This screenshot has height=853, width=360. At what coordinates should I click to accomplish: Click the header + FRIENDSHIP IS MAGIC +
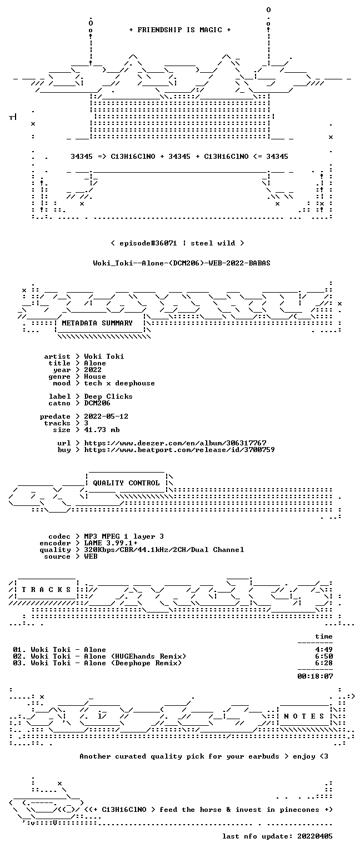[x=180, y=29]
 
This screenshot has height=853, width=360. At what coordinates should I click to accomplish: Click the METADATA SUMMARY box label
[x=97, y=323]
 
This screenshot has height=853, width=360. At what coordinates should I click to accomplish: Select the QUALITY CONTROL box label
[x=126, y=483]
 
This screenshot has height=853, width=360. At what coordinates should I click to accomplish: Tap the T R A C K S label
[x=46, y=589]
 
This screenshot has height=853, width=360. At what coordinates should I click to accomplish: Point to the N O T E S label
[x=304, y=716]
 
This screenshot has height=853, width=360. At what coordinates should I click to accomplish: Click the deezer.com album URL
[x=175, y=443]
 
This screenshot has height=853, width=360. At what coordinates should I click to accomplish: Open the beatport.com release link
[x=179, y=450]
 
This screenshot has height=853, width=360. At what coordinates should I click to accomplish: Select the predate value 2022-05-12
[x=106, y=416]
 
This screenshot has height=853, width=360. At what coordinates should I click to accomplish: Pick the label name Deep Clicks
[x=108, y=397]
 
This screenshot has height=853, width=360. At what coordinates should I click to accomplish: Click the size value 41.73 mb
[x=102, y=429]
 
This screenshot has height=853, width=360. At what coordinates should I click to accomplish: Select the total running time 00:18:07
[x=315, y=676]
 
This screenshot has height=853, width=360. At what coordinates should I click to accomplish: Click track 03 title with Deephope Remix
[x=98, y=663]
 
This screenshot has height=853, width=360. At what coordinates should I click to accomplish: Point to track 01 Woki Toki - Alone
[x=59, y=650]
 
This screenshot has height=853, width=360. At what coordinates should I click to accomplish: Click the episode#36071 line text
[x=178, y=243]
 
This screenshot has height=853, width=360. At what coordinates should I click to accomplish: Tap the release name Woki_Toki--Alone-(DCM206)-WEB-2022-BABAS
[x=182, y=263]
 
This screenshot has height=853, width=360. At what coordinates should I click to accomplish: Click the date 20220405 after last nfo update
[x=315, y=836]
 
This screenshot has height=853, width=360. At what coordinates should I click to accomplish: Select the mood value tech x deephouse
[x=119, y=383]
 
